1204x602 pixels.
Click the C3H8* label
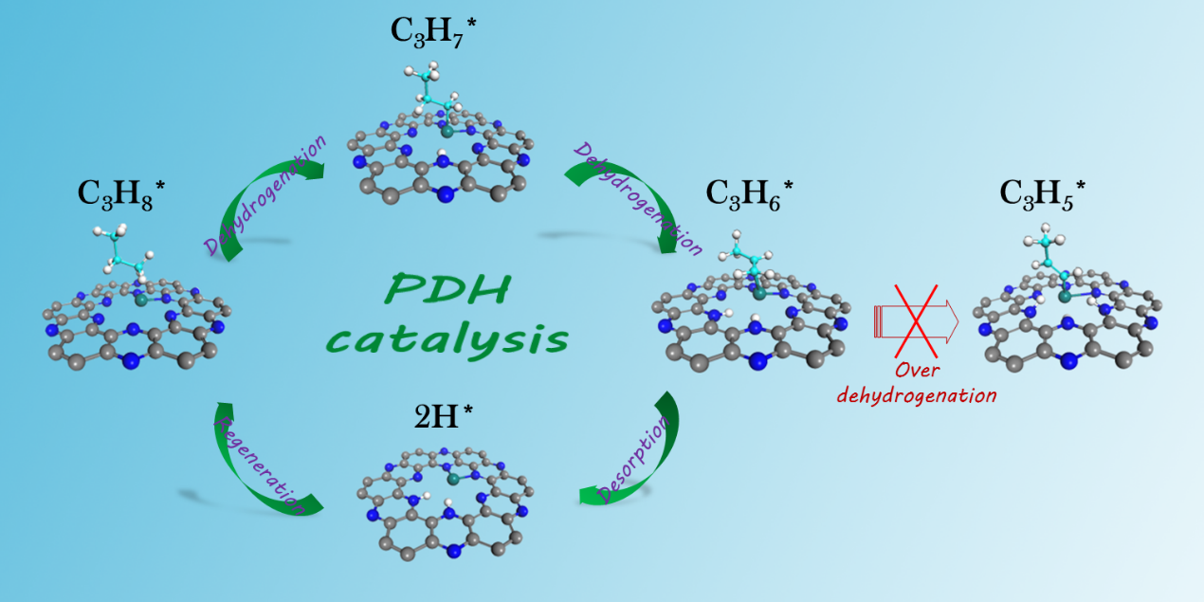pyautogui.click(x=121, y=193)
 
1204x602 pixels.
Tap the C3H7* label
pyautogui.click(x=433, y=31)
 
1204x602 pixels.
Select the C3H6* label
pyautogui.click(x=749, y=193)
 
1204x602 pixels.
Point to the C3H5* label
pyautogui.click(x=1043, y=193)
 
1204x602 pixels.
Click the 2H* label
pyautogui.click(x=444, y=416)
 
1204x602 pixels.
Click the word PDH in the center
pyautogui.click(x=447, y=288)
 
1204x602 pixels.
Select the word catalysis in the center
pyautogui.click(x=447, y=339)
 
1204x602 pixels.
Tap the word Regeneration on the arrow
pyautogui.click(x=260, y=465)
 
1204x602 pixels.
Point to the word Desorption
pyautogui.click(x=633, y=459)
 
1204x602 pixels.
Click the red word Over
pyautogui.click(x=917, y=371)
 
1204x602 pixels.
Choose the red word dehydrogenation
pyautogui.click(x=917, y=395)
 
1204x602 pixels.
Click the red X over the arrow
pyautogui.click(x=916, y=321)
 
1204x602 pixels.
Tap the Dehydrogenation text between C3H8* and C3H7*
pyautogui.click(x=265, y=194)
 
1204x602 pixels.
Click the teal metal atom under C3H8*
pyautogui.click(x=141, y=300)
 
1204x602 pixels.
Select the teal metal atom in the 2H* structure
pyautogui.click(x=453, y=479)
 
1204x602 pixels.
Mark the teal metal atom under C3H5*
pyautogui.click(x=1065, y=297)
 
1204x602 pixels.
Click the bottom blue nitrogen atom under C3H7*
pyautogui.click(x=445, y=194)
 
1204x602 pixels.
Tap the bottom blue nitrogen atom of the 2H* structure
pyautogui.click(x=454, y=551)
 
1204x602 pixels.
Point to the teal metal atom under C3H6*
pyautogui.click(x=759, y=294)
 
